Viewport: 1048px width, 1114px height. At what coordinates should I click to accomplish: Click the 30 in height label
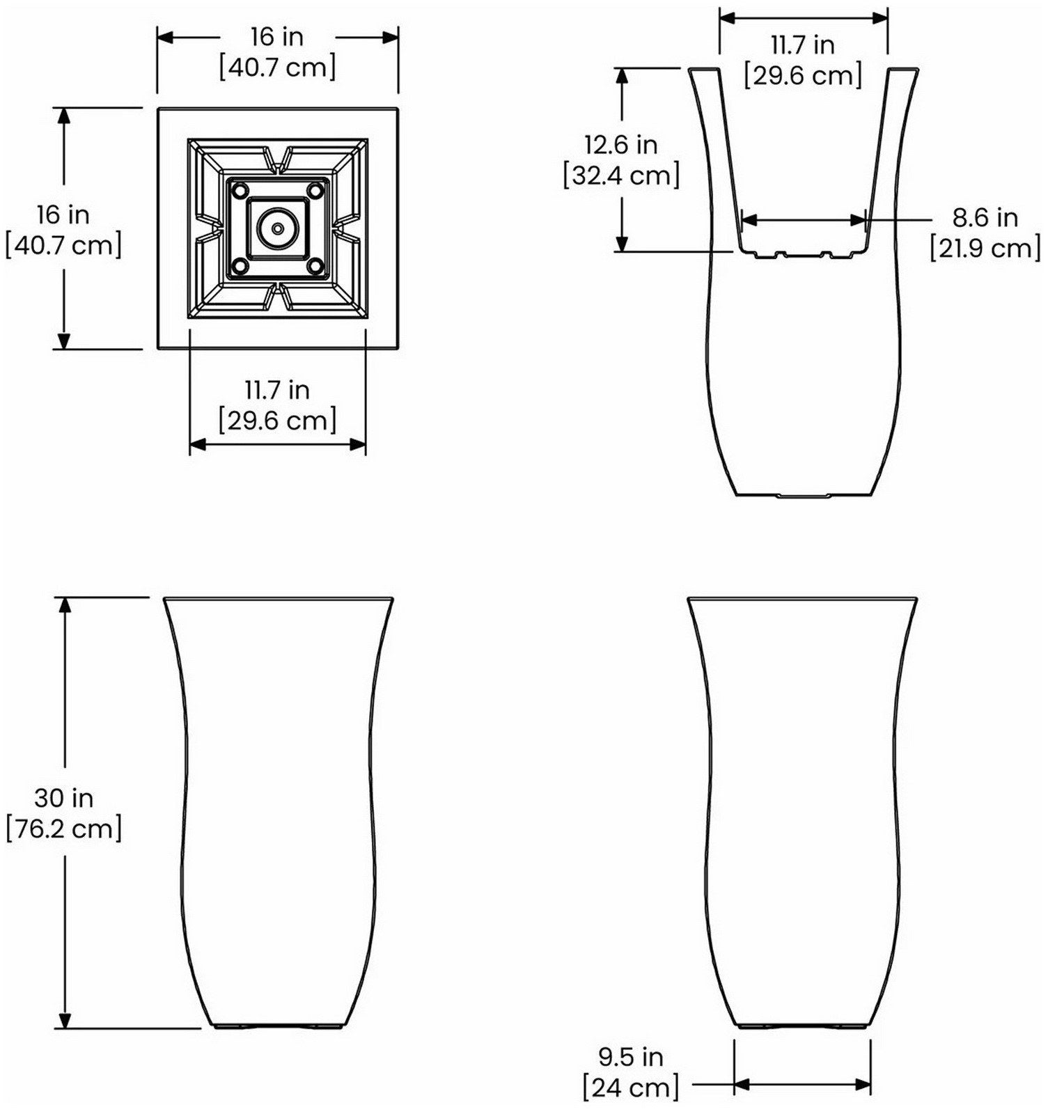pos(63,798)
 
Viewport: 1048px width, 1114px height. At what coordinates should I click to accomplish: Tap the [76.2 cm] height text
pos(64,829)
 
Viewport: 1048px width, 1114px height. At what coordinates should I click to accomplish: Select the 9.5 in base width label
pos(630,1057)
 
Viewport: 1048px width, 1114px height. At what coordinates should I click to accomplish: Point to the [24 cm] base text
pos(630,1088)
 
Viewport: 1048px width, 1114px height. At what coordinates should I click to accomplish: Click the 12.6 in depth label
pos(620,145)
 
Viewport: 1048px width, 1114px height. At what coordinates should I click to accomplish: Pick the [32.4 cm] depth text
pos(621,175)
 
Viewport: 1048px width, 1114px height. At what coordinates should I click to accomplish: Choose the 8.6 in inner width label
pos(985,218)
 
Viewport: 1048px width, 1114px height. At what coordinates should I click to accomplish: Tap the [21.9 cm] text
pos(985,249)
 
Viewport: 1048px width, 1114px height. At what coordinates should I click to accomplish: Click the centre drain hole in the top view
pos(277,228)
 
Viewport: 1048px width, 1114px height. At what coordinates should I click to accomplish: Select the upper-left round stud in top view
pos(239,189)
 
